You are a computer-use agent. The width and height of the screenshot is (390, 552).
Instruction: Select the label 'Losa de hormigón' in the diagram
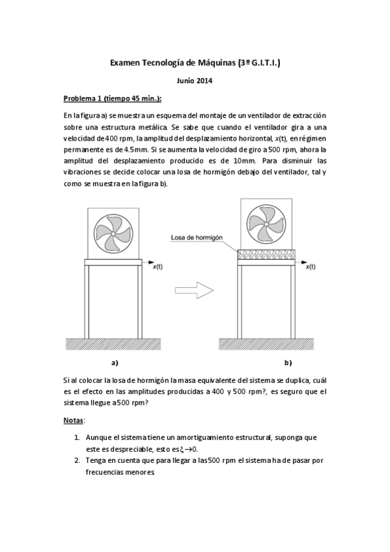pyautogui.click(x=196, y=238)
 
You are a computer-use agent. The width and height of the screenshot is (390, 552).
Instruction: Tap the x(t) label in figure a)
pyautogui.click(x=158, y=267)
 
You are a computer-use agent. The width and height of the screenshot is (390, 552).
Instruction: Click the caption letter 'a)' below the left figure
pyautogui.click(x=115, y=363)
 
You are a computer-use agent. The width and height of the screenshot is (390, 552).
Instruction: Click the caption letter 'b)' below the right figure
pyautogui.click(x=287, y=363)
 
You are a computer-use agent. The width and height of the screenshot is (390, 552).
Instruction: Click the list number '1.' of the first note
pyautogui.click(x=77, y=437)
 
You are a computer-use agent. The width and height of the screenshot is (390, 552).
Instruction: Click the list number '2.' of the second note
pyautogui.click(x=77, y=460)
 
